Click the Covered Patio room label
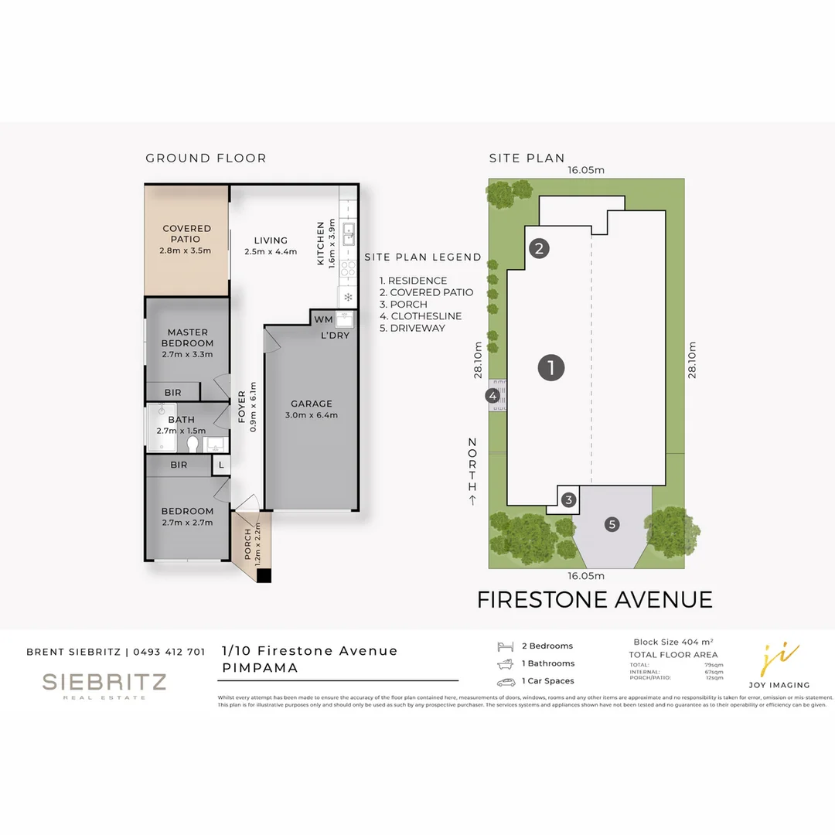pyautogui.click(x=186, y=233)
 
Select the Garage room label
pyautogui.click(x=312, y=409)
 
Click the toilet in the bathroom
pyautogui.click(x=192, y=444)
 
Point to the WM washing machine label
pyautogui.click(x=322, y=319)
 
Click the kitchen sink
pyautogui.click(x=349, y=232)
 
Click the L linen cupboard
pyautogui.click(x=221, y=465)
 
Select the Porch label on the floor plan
pyautogui.click(x=247, y=544)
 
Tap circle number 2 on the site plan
pyautogui.click(x=540, y=248)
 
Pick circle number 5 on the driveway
pyautogui.click(x=612, y=525)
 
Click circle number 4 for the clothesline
pyautogui.click(x=492, y=396)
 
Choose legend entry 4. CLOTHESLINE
pyautogui.click(x=421, y=316)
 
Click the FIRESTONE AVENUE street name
pyautogui.click(x=595, y=599)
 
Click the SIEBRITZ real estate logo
pyautogui.click(x=104, y=684)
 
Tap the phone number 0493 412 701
pyautogui.click(x=169, y=652)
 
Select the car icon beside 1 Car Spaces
pyautogui.click(x=506, y=681)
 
